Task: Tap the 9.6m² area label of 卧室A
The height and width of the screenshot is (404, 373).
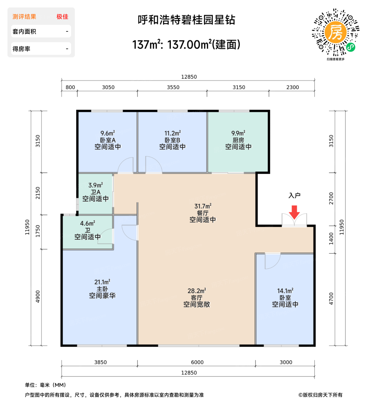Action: click(x=108, y=133)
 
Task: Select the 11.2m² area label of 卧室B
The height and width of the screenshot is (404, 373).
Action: click(x=173, y=133)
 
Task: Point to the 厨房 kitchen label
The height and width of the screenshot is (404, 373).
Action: click(x=238, y=140)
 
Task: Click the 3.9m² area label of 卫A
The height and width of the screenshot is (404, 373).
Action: click(x=95, y=185)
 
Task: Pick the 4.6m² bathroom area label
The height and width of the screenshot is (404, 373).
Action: click(x=88, y=223)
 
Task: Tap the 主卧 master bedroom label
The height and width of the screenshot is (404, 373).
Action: click(x=102, y=289)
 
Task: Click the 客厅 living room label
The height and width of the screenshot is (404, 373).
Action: click(x=197, y=298)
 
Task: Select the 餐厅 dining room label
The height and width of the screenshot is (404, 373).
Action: click(x=203, y=213)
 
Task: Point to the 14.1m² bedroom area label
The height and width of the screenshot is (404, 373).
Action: click(x=285, y=291)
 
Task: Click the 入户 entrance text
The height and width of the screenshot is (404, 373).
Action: click(x=294, y=195)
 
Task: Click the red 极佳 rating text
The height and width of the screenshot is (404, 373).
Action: click(x=62, y=16)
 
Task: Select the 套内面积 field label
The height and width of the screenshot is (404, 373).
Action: click(x=24, y=31)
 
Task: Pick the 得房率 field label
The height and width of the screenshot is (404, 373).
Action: click(x=21, y=49)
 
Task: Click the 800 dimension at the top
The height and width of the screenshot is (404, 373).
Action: click(x=70, y=87)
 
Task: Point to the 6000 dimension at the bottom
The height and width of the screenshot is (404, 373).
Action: click(x=197, y=362)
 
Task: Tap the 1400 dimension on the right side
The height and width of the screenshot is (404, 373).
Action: click(x=331, y=238)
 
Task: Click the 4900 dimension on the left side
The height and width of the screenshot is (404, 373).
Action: click(x=38, y=296)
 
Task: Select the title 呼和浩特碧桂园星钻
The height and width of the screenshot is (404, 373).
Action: click(x=186, y=20)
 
